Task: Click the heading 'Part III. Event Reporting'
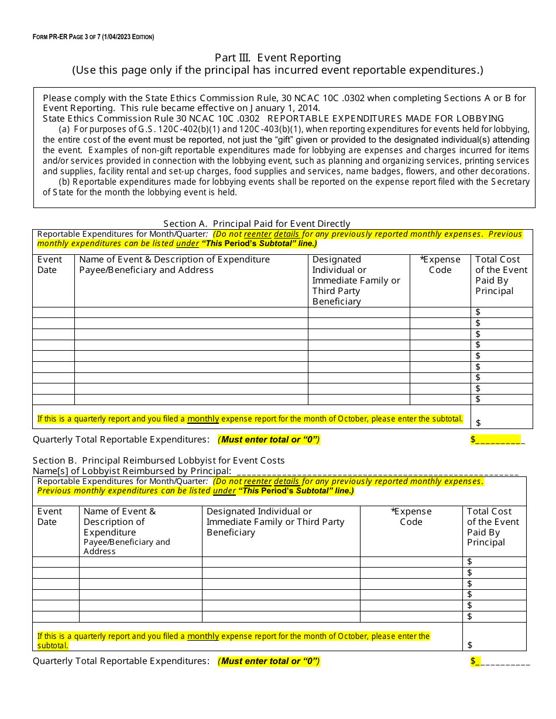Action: point(277,57)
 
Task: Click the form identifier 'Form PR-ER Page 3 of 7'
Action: point(93,37)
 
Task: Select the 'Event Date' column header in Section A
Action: point(50,265)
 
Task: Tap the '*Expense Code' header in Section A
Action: point(440,265)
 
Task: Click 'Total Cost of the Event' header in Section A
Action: point(501,275)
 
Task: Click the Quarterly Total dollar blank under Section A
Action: point(497,440)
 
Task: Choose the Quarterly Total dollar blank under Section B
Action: point(500,661)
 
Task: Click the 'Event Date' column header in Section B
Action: point(50,517)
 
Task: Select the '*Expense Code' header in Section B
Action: point(411,517)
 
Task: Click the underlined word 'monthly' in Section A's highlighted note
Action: point(203,419)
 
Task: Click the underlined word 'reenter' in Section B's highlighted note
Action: point(258,482)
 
